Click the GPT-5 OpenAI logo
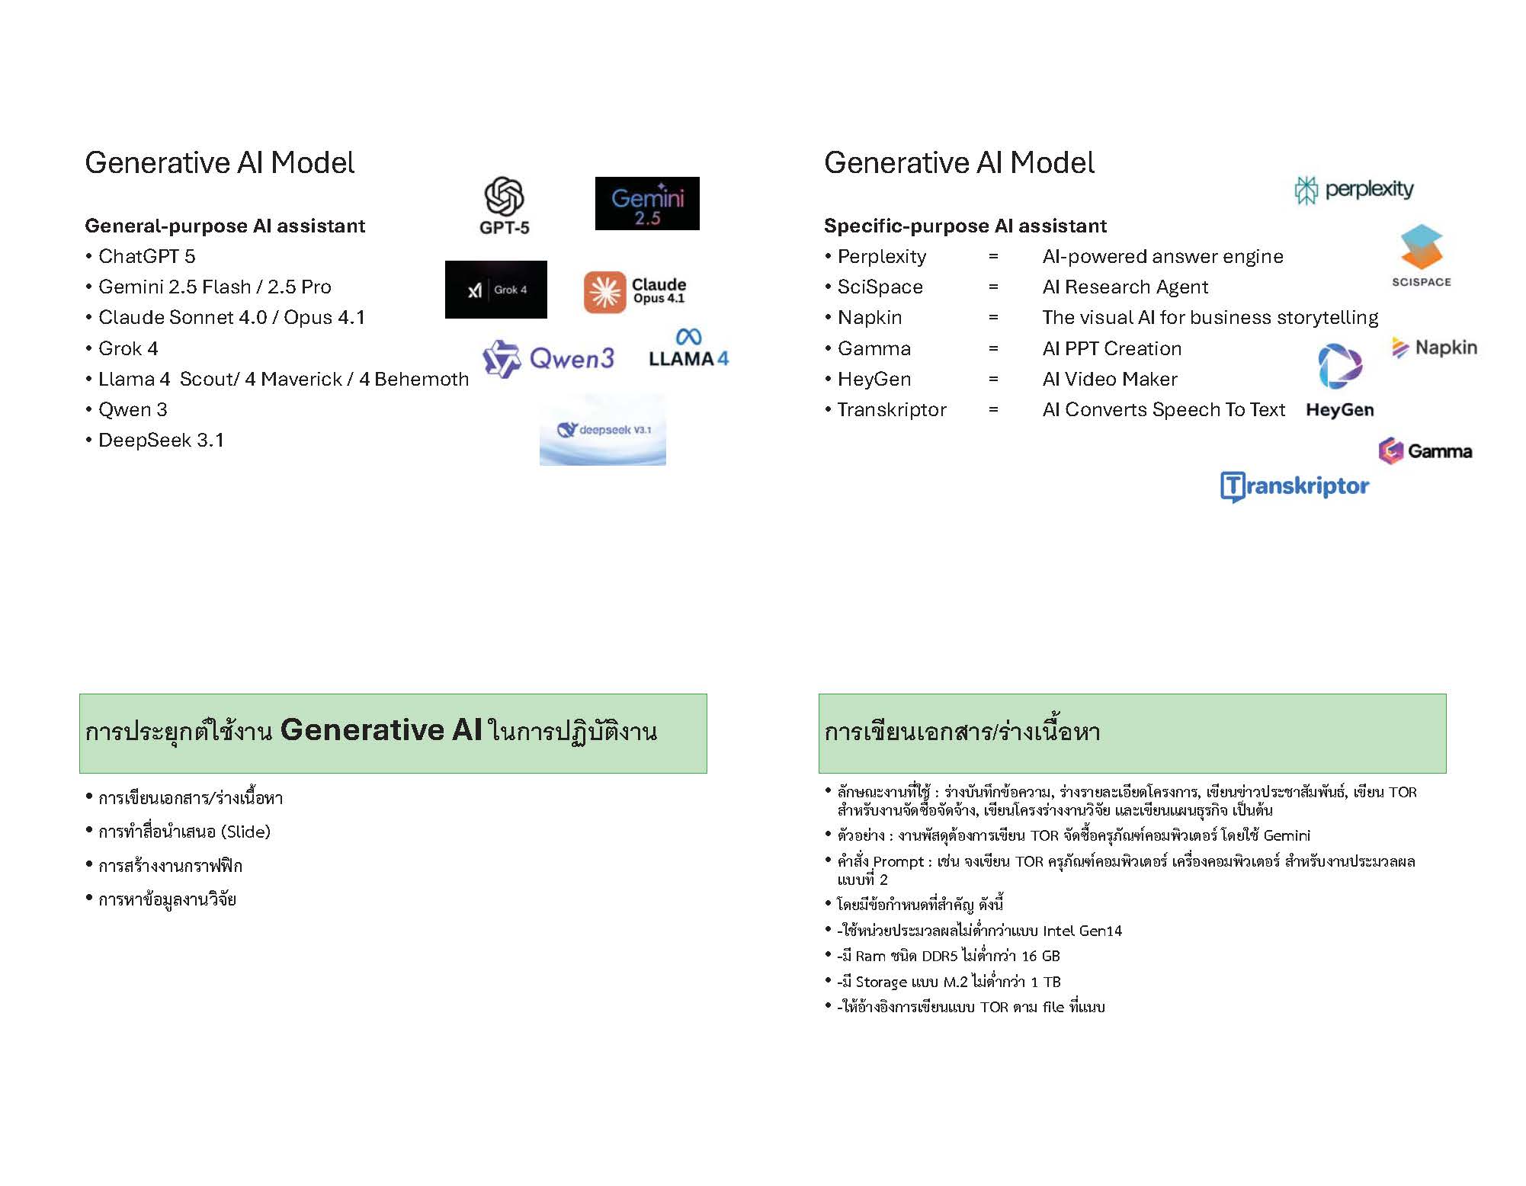pos(504,204)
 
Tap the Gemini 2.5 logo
pos(647,204)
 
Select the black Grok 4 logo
pos(496,290)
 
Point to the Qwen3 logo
pos(549,358)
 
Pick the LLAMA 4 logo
pos(688,349)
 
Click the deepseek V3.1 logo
pos(603,430)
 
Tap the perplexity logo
pos(1354,190)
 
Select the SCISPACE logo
pos(1421,255)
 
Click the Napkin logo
pos(1435,348)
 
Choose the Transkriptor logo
pos(1294,486)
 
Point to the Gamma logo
pos(1425,451)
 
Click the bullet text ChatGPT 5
pos(146,257)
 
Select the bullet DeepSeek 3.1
pos(161,441)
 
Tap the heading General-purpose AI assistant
pos(225,226)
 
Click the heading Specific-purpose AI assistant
pos(965,226)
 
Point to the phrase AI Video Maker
pos(1109,380)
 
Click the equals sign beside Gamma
pos(993,349)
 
